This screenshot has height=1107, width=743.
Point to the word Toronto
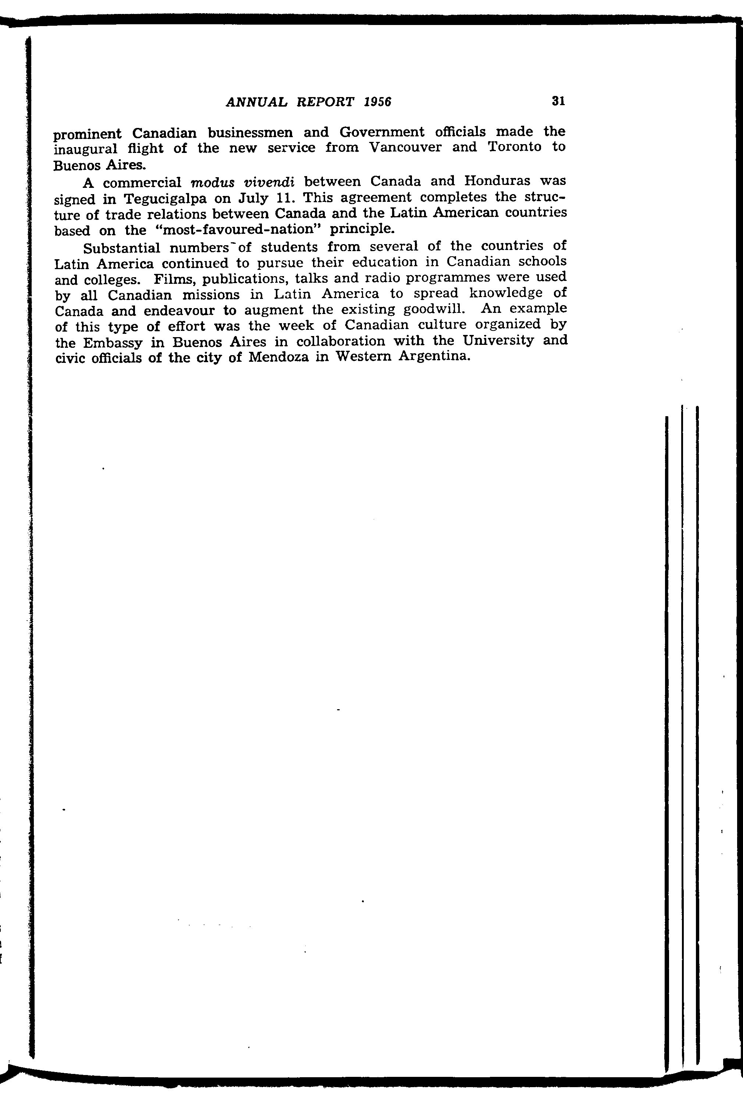(514, 147)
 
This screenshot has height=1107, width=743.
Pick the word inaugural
(85, 150)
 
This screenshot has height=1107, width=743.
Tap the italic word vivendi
(269, 181)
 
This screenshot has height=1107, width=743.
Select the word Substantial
(122, 248)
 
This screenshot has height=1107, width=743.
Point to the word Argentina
(434, 356)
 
